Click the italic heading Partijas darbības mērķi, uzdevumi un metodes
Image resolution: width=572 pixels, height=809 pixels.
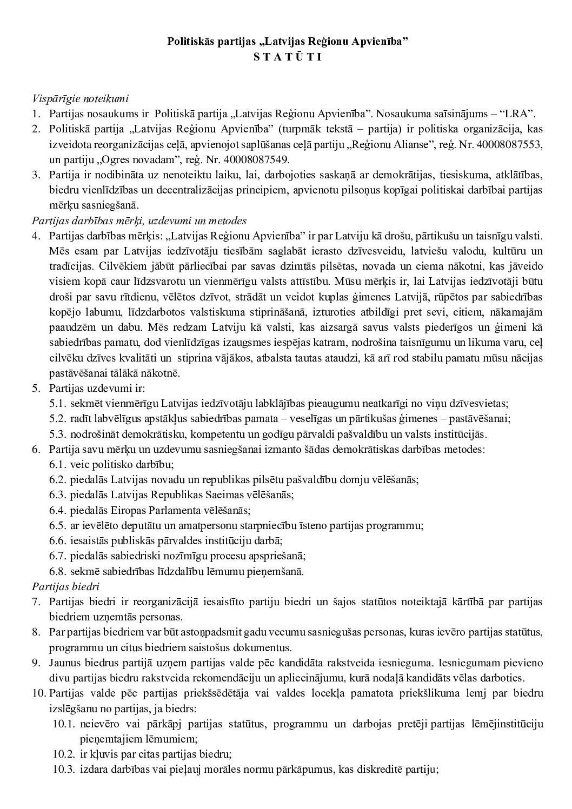click(x=139, y=220)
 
